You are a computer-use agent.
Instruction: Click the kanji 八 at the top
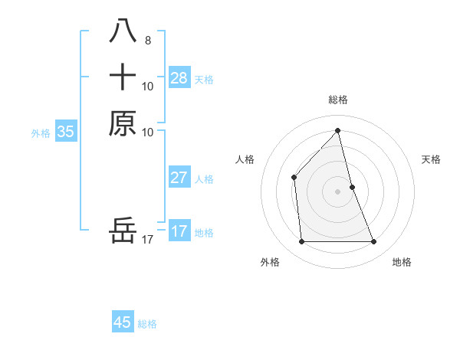(x=123, y=31)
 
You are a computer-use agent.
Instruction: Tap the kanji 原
(x=123, y=123)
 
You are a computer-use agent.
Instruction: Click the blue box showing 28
(x=179, y=77)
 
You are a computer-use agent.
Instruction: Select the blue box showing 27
(x=179, y=178)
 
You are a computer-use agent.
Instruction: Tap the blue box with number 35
(x=66, y=132)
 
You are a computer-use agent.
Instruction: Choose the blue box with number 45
(x=123, y=322)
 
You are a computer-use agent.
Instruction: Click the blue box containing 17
(x=179, y=231)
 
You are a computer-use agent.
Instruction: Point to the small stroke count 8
(x=147, y=40)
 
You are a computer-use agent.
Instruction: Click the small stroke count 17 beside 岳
(x=148, y=240)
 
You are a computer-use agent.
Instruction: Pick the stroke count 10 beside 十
(x=148, y=86)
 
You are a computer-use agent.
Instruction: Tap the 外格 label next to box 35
(x=41, y=133)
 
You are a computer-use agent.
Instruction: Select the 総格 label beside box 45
(x=147, y=324)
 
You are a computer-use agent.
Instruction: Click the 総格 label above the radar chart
(x=338, y=100)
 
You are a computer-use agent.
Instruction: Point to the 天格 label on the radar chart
(x=431, y=159)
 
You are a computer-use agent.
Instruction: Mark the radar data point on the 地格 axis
(x=374, y=242)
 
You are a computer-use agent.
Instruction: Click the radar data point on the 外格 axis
(x=302, y=242)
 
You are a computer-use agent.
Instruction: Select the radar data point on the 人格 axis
(x=294, y=178)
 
